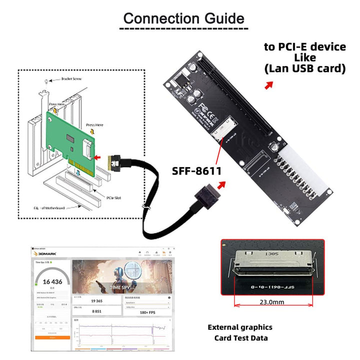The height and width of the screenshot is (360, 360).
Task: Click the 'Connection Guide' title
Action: tap(183, 19)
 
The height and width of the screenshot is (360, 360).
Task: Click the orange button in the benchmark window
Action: tap(52, 338)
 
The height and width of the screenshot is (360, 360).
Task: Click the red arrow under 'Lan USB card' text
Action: tap(269, 85)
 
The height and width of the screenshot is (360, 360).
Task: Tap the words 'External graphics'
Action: tap(240, 327)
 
